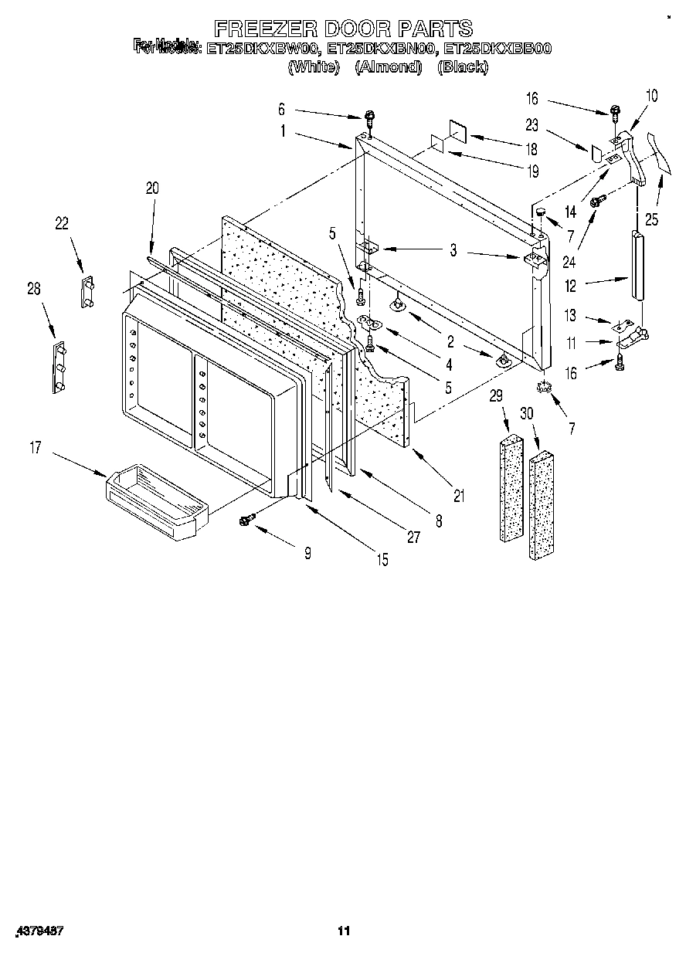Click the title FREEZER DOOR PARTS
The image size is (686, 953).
[342, 29]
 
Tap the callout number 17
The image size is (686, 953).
[36, 447]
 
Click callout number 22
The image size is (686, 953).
[61, 224]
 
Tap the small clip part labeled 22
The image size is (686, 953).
[87, 291]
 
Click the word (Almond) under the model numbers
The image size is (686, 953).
[388, 67]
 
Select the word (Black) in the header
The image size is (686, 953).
[462, 67]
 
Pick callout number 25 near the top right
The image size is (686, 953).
[652, 220]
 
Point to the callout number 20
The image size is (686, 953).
[151, 187]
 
